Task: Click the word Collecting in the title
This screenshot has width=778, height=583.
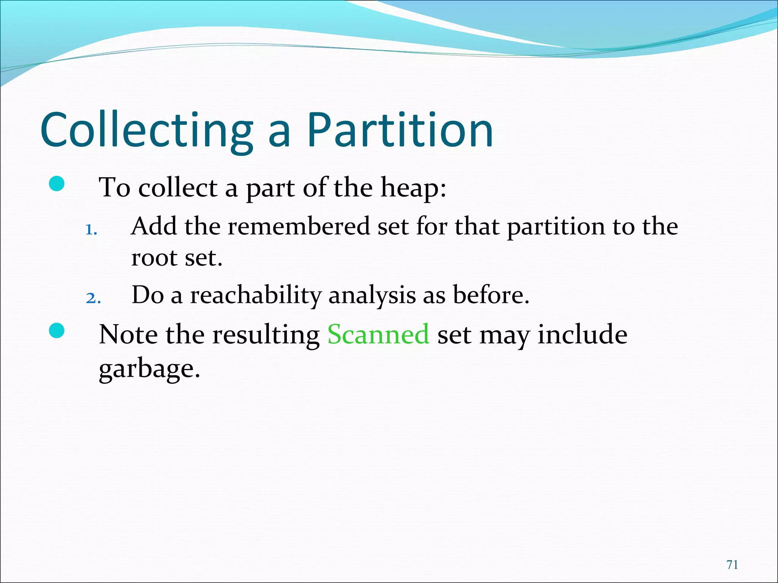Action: tap(147, 130)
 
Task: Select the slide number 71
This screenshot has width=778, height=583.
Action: tap(732, 565)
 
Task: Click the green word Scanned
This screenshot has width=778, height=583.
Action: tap(378, 334)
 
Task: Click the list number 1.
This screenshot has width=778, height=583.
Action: tap(91, 230)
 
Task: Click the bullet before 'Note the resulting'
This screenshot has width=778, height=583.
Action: tap(57, 331)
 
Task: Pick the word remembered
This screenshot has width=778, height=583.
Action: tap(299, 227)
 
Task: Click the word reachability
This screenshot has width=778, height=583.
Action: tap(256, 295)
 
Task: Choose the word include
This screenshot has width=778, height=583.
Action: tap(582, 334)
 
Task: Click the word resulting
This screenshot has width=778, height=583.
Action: tap(266, 335)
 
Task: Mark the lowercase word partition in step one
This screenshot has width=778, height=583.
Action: tap(556, 227)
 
